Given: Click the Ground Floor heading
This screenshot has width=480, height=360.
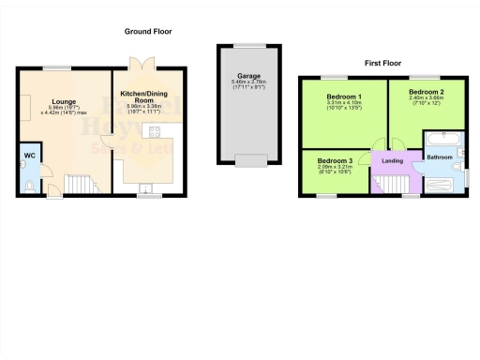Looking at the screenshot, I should [x=148, y=32].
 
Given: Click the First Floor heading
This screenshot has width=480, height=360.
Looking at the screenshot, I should [x=384, y=63].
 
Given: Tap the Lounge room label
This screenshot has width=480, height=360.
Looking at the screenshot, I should [x=64, y=101].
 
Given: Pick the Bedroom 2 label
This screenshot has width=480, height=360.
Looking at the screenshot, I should [x=427, y=92].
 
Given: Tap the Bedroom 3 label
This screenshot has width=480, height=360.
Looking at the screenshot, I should [x=334, y=161].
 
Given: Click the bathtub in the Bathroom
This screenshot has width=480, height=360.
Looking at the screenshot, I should [x=440, y=140].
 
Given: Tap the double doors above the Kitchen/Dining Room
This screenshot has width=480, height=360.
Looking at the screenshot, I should [x=142, y=64].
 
